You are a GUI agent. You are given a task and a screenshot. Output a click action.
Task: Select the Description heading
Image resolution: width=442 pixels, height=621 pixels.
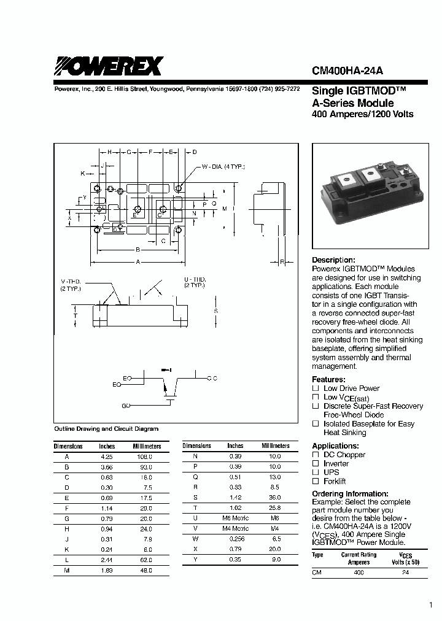[333, 260]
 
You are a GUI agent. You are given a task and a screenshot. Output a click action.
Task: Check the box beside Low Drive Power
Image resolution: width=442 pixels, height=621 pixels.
[316, 388]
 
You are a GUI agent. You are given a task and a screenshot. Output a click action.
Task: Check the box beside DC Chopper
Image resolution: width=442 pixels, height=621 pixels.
[316, 455]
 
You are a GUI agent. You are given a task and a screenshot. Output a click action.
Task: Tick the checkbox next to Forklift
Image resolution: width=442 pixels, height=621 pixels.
[316, 482]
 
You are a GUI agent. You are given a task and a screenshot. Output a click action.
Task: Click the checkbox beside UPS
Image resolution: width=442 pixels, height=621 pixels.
[316, 472]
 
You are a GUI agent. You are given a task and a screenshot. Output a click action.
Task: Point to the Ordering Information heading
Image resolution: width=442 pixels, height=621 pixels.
[350, 493]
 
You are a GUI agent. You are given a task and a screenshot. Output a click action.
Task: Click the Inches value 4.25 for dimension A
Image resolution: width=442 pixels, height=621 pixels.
[107, 457]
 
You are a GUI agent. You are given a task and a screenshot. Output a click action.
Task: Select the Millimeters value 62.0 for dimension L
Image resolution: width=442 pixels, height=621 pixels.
[145, 561]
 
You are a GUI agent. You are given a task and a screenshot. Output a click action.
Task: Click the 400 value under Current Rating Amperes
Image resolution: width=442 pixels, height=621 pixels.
[359, 573]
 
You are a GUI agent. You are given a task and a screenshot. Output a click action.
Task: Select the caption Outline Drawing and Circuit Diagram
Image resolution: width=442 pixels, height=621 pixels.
[106, 429]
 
